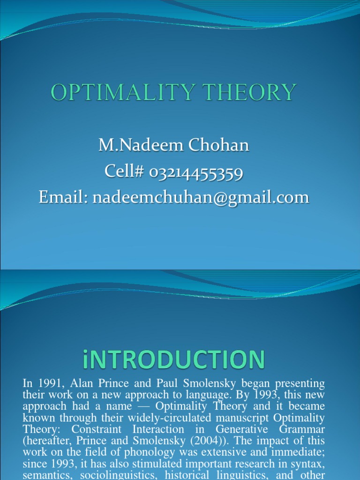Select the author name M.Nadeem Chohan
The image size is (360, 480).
coord(173,145)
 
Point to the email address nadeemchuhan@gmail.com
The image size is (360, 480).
coord(201,197)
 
